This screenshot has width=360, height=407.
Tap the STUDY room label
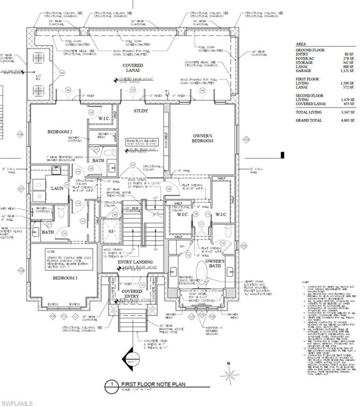141,111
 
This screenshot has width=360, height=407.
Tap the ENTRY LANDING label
135,262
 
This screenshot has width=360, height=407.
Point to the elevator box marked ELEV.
112,232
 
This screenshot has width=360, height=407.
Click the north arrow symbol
230,376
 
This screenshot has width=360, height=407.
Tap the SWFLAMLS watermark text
16,403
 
